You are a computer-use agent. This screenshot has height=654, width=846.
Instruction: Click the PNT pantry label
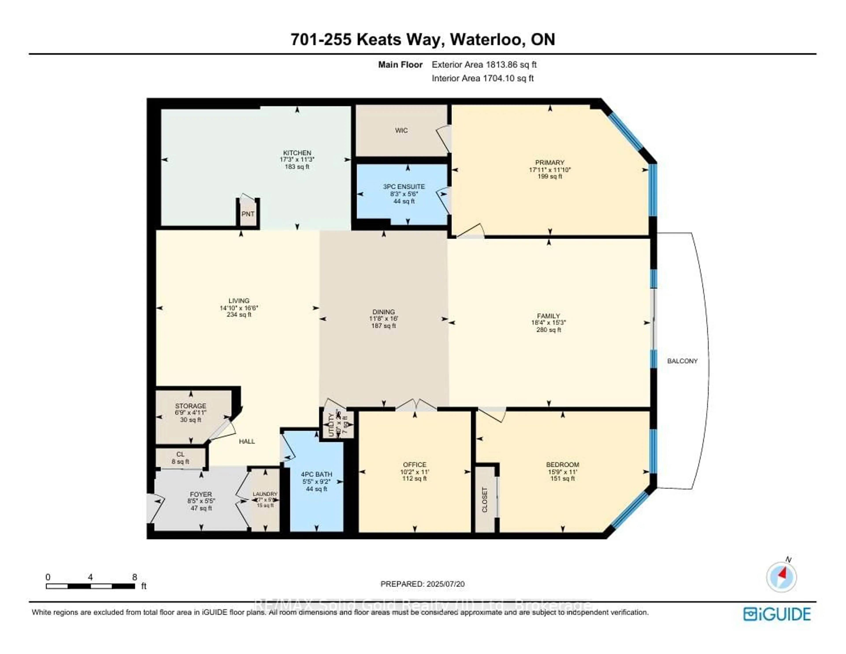coord(248,214)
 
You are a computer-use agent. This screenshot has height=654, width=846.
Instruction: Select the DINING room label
coord(384,312)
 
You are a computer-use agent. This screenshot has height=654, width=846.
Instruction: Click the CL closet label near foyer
coord(180,454)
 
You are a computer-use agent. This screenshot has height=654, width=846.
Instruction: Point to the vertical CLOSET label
coord(485,500)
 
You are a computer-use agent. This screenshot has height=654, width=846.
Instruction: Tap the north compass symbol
coord(781,577)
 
